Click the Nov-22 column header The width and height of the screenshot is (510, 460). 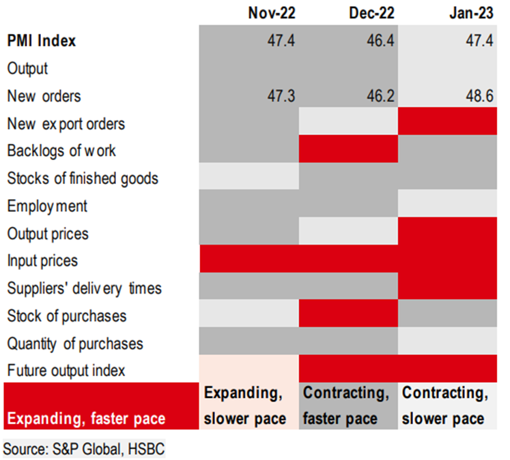271,13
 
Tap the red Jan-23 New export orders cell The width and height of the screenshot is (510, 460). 447,123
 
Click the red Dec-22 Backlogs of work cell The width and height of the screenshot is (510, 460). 348,151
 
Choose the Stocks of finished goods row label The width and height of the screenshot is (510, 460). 83,179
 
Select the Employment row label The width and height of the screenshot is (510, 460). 47,206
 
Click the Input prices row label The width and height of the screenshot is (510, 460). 42,260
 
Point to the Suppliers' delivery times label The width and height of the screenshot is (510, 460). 84,288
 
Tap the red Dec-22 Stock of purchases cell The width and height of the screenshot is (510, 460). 348,316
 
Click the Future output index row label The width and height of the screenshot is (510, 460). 66,371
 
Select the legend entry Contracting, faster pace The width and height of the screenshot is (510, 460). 348,405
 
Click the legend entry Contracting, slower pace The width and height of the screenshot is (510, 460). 447,405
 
